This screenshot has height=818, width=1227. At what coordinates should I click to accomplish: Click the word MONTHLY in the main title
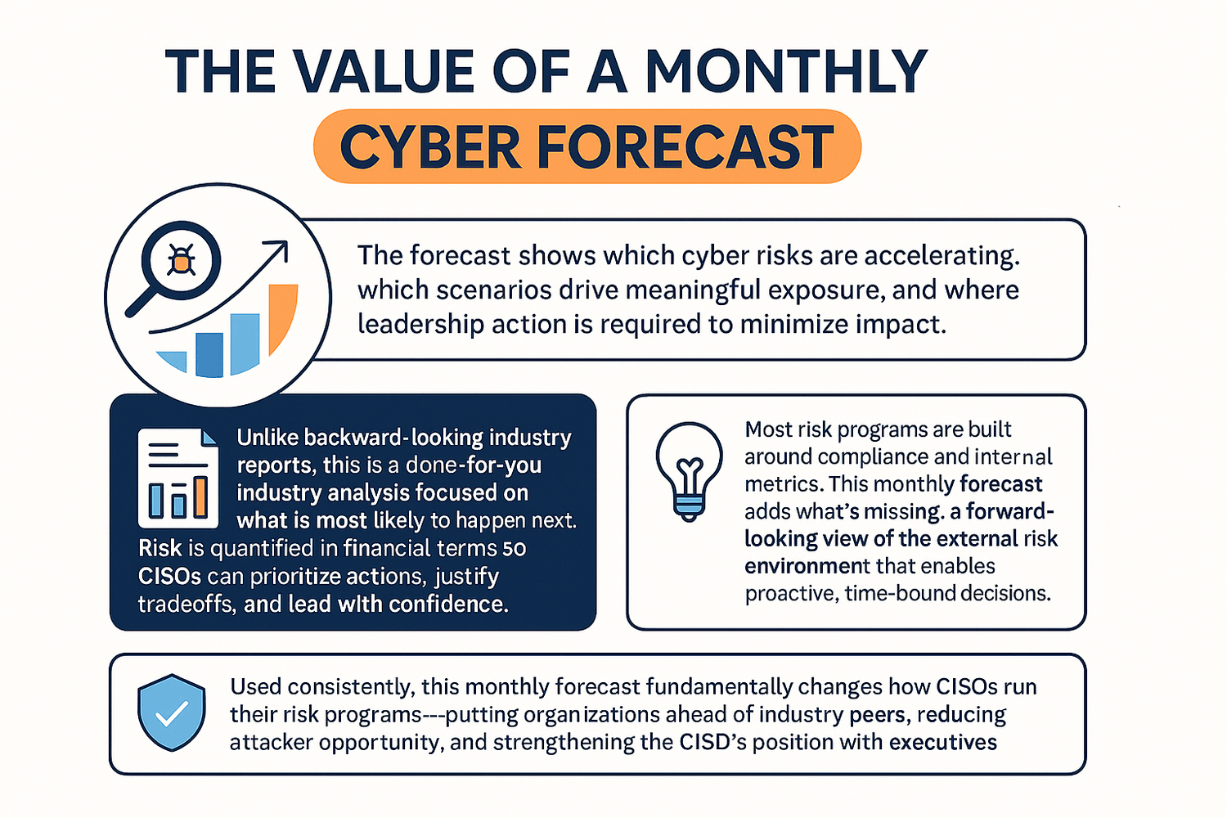pyautogui.click(x=786, y=71)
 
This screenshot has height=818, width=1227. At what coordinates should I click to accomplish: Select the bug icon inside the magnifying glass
pyautogui.click(x=181, y=259)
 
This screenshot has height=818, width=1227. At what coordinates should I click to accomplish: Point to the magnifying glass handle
pyautogui.click(x=141, y=303)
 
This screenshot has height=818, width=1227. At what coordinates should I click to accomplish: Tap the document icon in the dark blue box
pyautogui.click(x=178, y=479)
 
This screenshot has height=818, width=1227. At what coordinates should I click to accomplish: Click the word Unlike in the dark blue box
pyautogui.click(x=268, y=437)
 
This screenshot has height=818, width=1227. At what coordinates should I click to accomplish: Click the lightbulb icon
pyautogui.click(x=689, y=471)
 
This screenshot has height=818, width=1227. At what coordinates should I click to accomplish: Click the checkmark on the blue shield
pyautogui.click(x=172, y=713)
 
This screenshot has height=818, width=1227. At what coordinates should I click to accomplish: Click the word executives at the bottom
pyautogui.click(x=942, y=743)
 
